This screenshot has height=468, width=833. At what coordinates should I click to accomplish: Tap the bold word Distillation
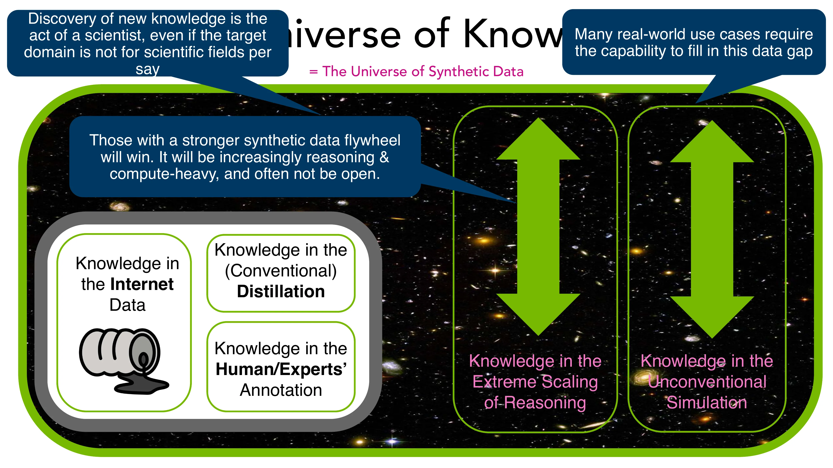point(281,291)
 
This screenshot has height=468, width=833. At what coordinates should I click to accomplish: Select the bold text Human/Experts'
point(281,369)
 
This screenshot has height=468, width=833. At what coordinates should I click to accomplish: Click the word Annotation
point(281,390)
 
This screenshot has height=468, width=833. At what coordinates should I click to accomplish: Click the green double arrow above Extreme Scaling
point(538,226)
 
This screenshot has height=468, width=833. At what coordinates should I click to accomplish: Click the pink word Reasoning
point(545,403)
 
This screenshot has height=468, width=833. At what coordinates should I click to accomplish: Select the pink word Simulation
point(707,403)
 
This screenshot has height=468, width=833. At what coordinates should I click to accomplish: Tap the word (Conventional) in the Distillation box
point(281,271)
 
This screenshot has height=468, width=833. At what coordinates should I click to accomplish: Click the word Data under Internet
point(127,305)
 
